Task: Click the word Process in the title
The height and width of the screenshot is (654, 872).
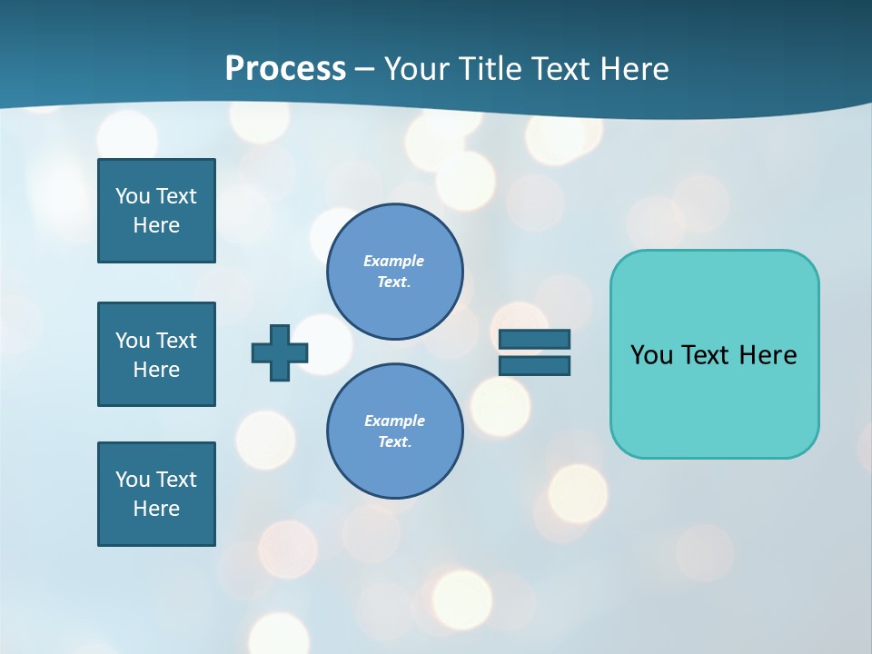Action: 285,69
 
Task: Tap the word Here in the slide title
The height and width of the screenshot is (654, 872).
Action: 633,69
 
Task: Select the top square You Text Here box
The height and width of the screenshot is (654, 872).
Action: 156,211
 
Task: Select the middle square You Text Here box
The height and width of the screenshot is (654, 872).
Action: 156,354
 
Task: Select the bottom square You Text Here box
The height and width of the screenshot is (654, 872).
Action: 156,494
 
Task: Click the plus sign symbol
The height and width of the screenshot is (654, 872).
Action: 280,352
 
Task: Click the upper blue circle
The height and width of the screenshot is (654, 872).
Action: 395,272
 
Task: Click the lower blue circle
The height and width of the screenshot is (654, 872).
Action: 395,431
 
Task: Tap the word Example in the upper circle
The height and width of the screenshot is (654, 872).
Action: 393,261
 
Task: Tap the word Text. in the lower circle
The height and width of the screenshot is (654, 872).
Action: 394,442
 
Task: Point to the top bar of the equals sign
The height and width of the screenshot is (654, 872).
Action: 534,339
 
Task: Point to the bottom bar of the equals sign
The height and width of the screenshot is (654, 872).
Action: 534,365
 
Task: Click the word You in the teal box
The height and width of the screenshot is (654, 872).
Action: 650,355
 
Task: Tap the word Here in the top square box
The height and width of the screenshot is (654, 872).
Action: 156,225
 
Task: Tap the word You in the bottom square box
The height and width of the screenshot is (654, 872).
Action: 133,480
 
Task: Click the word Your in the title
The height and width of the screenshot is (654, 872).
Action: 415,69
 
